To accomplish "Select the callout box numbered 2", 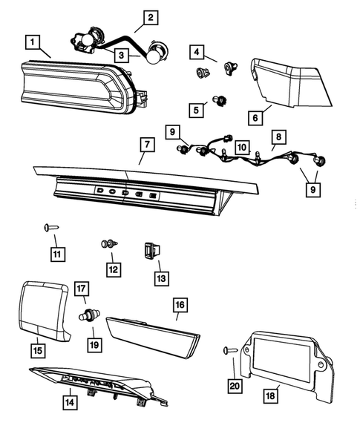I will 151,17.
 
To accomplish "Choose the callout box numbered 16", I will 179,305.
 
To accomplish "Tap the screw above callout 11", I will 51,229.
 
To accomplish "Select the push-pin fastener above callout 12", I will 108,244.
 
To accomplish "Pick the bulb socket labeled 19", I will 90,316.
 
